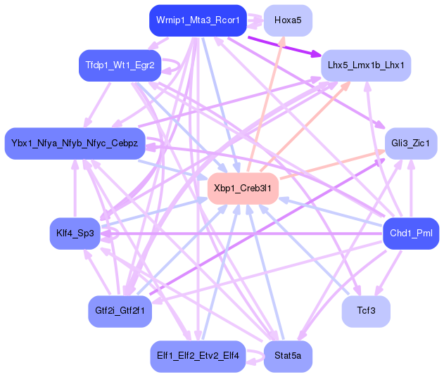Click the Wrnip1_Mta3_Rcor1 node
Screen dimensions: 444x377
coord(198,20)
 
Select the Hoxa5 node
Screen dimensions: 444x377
coord(288,20)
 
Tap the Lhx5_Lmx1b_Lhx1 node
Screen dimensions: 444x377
coord(366,65)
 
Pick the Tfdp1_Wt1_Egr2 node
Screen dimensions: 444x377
coord(120,65)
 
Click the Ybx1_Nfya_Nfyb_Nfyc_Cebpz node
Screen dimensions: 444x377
coord(75,143)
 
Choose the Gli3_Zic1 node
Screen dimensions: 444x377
coord(411,143)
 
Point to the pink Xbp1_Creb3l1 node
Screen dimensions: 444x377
coord(243,188)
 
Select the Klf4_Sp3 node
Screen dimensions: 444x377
coord(75,234)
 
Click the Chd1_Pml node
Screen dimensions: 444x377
coord(411,234)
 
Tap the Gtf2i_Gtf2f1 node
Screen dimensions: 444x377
coord(120,311)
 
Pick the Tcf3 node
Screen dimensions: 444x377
coord(366,311)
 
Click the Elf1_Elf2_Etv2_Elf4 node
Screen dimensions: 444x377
coord(198,356)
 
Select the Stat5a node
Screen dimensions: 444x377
coord(288,356)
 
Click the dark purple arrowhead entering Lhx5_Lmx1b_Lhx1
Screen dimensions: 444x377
coord(317,53)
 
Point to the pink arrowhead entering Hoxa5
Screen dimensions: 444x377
coord(282,41)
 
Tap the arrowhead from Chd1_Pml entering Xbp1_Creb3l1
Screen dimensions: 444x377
coord(284,200)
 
